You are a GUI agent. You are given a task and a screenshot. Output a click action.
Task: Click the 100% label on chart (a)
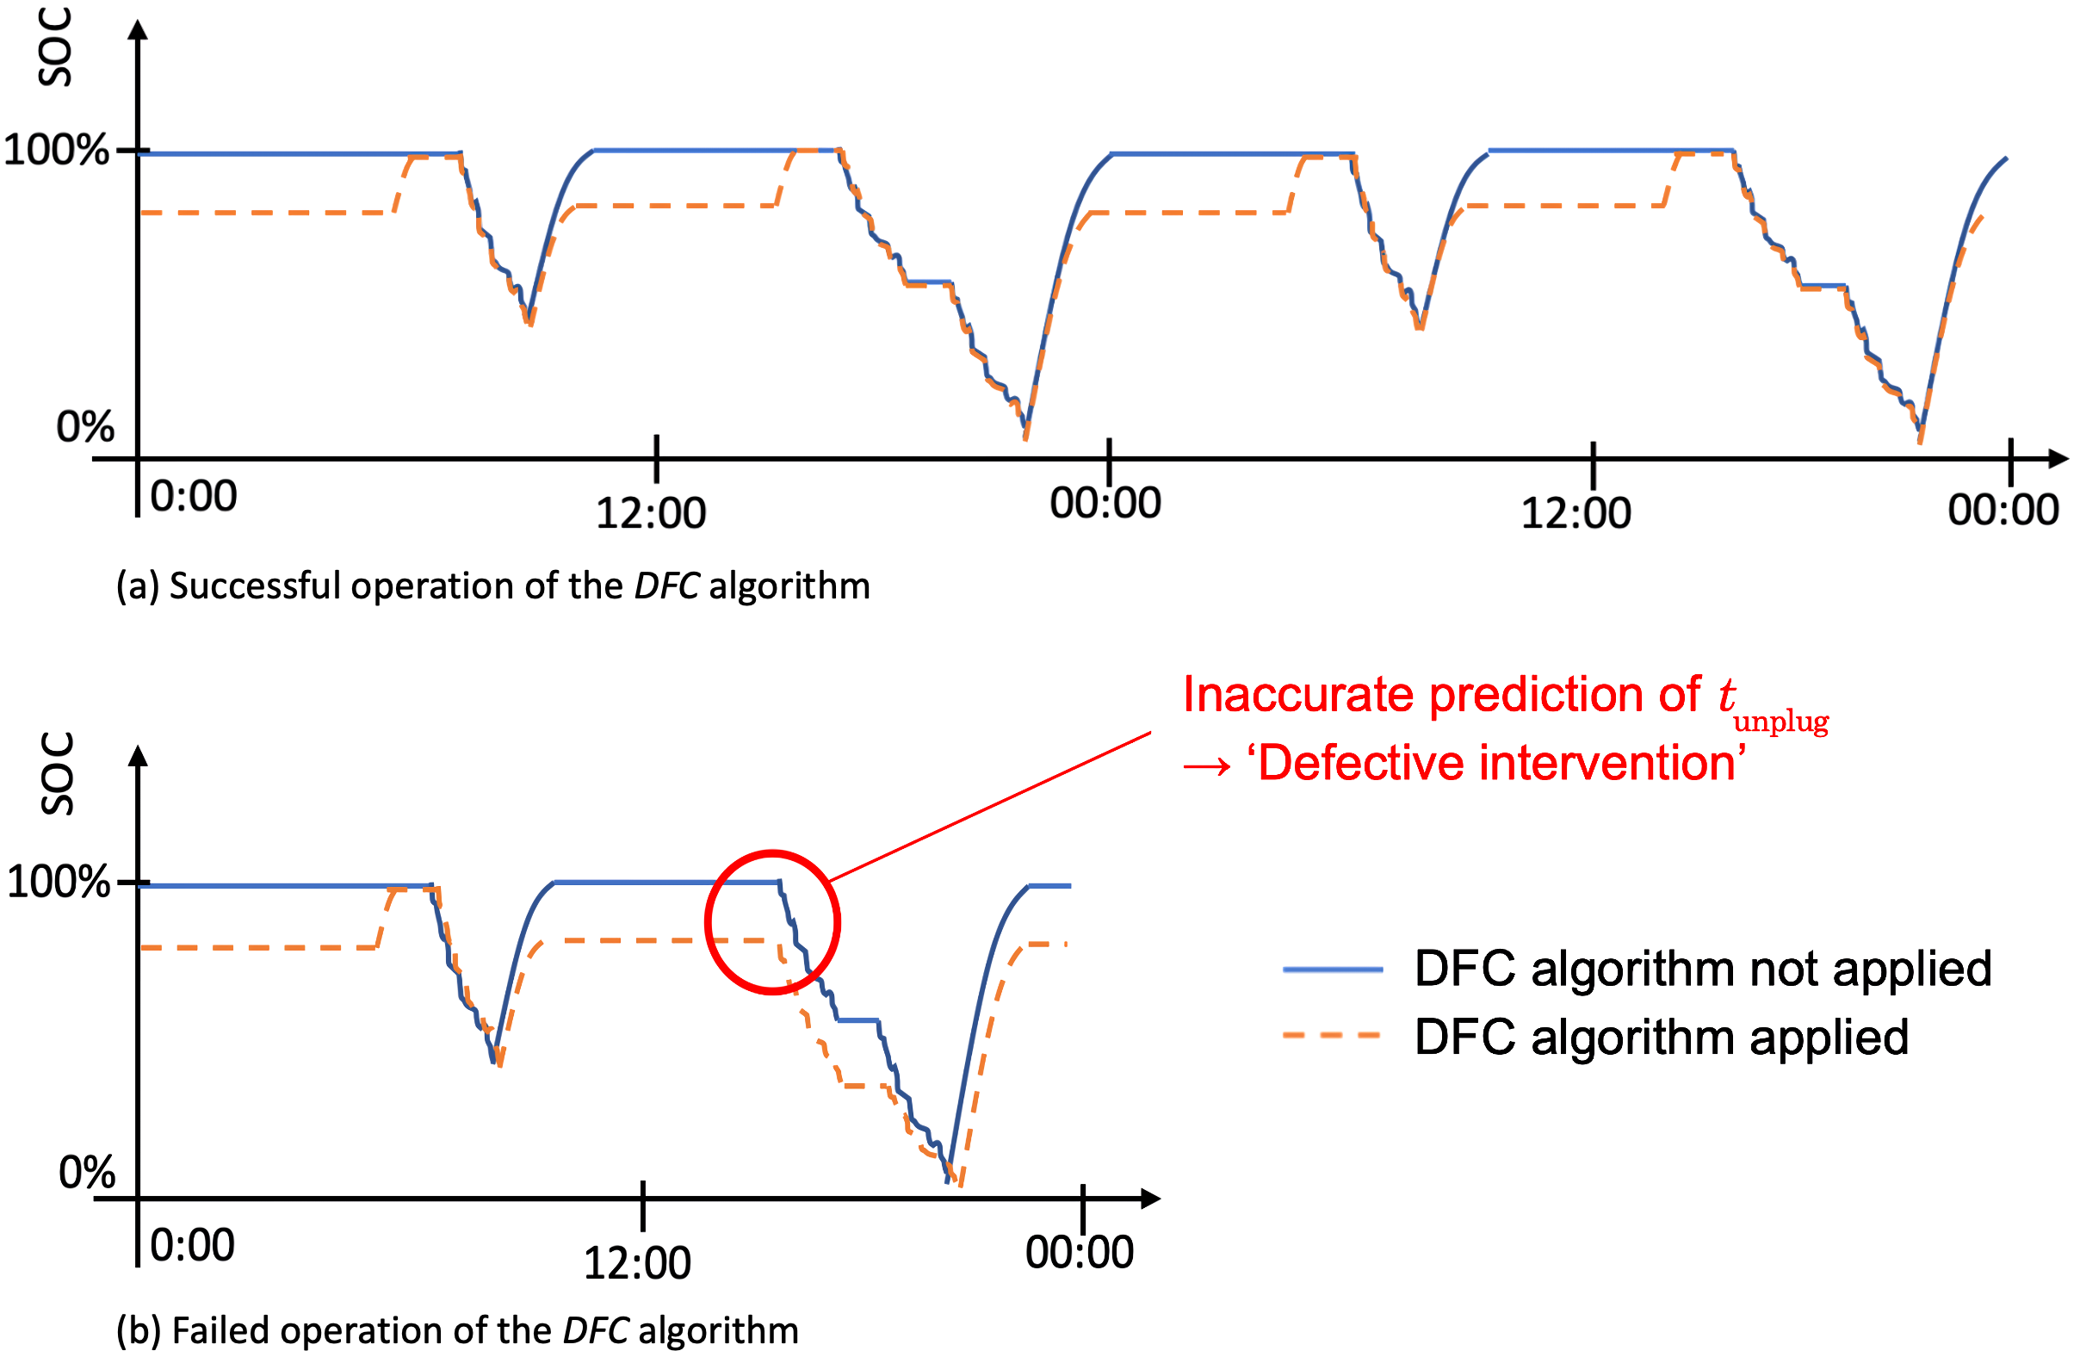[56, 151]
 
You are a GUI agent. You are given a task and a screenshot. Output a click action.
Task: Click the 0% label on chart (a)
[84, 427]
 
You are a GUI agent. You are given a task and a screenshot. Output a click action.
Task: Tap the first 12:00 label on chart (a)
[650, 513]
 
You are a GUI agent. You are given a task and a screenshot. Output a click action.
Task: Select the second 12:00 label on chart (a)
[1575, 513]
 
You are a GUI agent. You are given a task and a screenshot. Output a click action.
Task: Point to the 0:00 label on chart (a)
[193, 496]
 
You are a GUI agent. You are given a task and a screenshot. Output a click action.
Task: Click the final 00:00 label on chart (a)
[2003, 510]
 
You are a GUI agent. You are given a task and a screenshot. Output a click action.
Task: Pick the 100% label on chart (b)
[58, 882]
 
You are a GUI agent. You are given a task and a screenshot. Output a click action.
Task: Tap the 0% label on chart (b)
[86, 1173]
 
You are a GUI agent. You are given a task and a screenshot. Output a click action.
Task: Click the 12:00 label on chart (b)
[636, 1263]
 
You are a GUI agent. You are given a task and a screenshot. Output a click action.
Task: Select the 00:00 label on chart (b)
[1079, 1253]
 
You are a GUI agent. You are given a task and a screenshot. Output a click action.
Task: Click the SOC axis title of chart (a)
[54, 48]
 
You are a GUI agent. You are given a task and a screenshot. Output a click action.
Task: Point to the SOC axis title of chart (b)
[57, 774]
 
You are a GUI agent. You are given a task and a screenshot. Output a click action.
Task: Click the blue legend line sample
[1332, 969]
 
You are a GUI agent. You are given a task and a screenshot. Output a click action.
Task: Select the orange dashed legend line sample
[1332, 1036]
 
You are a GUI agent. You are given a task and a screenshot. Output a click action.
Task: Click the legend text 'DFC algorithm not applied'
[1702, 969]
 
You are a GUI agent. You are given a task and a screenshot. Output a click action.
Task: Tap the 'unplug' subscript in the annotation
[1780, 722]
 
